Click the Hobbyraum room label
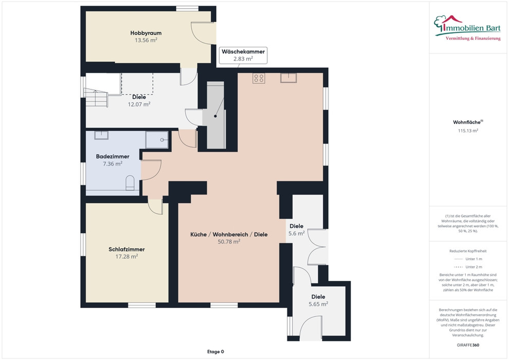(146, 33)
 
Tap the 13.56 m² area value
(146, 40)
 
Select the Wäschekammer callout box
(243, 55)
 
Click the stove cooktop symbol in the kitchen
(259, 78)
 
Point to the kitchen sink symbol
(288, 78)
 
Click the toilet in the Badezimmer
(130, 183)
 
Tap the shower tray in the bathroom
(157, 139)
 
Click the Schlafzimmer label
(126, 249)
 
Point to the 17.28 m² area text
(126, 257)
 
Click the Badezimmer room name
(113, 156)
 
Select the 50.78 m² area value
(229, 242)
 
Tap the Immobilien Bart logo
(467, 28)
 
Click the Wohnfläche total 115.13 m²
(468, 131)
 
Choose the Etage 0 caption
(215, 352)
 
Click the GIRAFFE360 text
(468, 345)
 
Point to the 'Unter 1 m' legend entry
(468, 259)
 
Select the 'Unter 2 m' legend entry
(468, 267)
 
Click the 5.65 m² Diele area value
(318, 304)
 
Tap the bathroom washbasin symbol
(101, 135)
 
